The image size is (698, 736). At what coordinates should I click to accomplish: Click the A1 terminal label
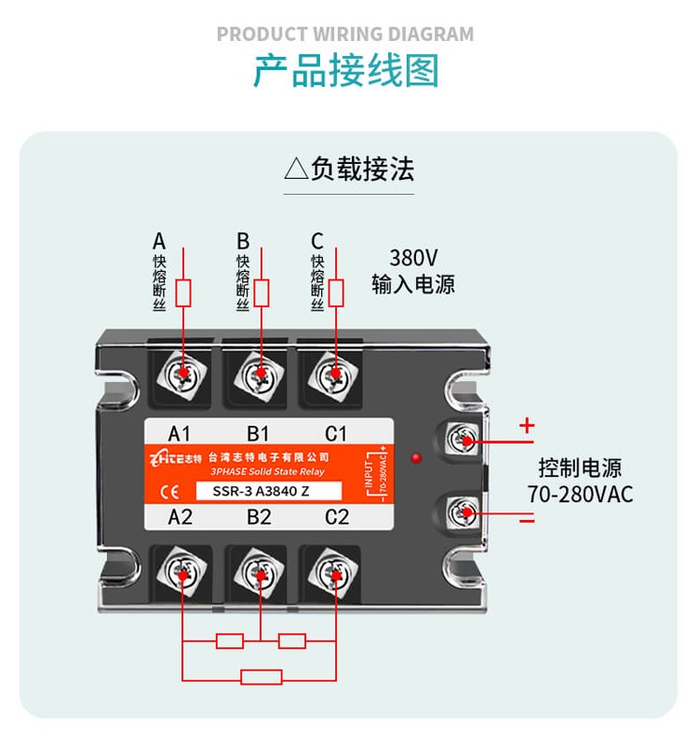[179, 433]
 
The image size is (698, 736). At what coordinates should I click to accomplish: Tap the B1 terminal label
[258, 433]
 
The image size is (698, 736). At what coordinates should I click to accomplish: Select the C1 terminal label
[336, 433]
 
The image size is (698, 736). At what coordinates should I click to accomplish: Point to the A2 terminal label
[180, 517]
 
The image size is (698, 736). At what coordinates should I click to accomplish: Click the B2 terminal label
[259, 517]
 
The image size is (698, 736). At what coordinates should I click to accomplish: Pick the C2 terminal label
[337, 517]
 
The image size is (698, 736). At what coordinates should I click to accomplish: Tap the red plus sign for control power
[528, 426]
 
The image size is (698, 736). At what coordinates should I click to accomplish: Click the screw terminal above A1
[184, 374]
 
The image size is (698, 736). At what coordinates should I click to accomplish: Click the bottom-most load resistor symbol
[262, 677]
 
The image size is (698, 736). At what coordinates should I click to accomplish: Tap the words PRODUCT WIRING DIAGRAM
[345, 34]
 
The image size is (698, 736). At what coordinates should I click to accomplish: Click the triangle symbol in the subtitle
[295, 170]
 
